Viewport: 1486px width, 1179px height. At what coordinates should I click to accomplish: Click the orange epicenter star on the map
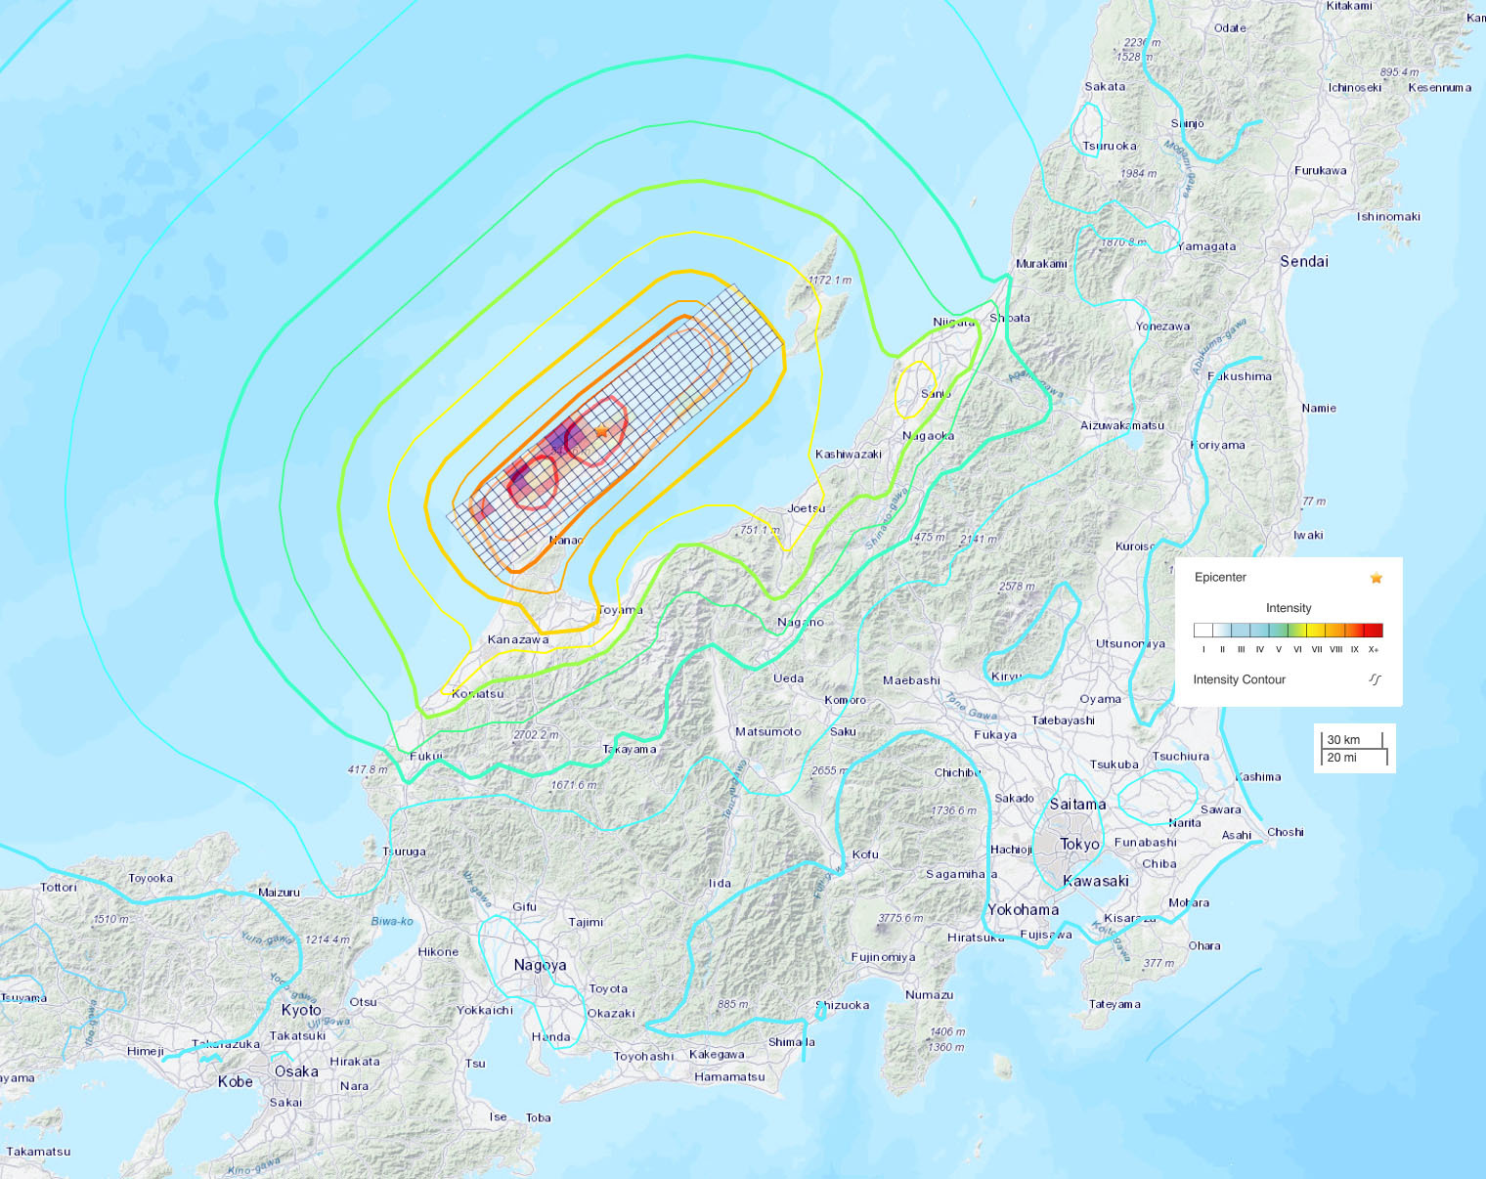tap(601, 431)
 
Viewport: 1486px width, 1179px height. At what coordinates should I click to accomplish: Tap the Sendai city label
tap(1304, 261)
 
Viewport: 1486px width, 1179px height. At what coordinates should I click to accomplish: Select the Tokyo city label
tap(1079, 844)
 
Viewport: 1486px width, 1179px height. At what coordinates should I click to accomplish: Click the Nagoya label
tap(540, 965)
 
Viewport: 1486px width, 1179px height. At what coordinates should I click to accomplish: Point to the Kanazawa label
tap(518, 639)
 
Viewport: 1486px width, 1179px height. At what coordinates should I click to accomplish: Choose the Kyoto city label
tap(301, 1010)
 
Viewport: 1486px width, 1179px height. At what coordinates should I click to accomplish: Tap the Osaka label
tap(296, 1071)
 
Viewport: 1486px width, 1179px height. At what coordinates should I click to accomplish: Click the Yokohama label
tap(1023, 909)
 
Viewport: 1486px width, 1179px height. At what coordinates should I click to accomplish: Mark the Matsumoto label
tap(767, 731)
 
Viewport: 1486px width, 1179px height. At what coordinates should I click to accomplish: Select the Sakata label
tap(1105, 86)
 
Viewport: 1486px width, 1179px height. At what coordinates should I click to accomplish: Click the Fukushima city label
tap(1240, 376)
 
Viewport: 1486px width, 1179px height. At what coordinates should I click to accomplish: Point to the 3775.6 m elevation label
tap(900, 918)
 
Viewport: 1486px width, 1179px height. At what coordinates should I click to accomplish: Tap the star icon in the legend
tap(1377, 578)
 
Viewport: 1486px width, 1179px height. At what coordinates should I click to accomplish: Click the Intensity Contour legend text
tap(1239, 679)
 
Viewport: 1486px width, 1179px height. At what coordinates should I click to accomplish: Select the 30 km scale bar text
tap(1343, 740)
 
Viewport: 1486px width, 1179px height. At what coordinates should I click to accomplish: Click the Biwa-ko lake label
tap(392, 921)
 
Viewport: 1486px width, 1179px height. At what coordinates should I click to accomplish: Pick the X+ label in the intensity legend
tap(1374, 649)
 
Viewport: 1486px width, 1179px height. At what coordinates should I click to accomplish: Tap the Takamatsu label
tap(38, 1151)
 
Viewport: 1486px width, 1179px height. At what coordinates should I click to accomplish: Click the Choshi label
tap(1286, 832)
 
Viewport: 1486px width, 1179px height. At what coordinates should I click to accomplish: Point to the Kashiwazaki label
tap(849, 454)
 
